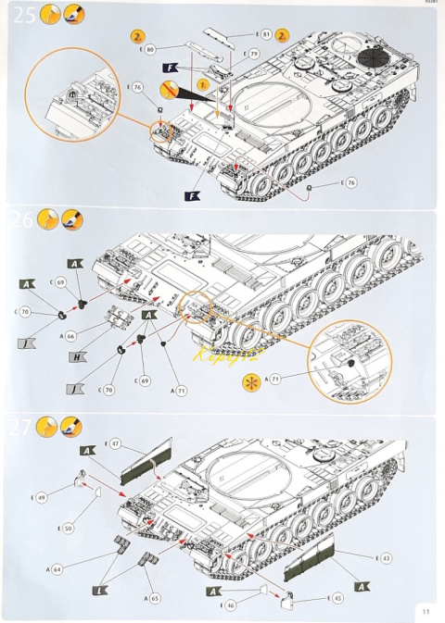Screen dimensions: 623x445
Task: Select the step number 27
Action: [20, 427]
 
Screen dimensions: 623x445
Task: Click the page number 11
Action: [425, 610]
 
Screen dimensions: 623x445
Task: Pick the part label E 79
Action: [252, 56]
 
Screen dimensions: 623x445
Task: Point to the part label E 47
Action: [114, 444]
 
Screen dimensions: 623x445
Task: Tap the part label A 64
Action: [57, 568]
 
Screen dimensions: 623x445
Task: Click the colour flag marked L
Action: [98, 590]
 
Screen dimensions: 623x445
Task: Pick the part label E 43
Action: [385, 557]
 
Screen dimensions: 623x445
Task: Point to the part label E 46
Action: [229, 604]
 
